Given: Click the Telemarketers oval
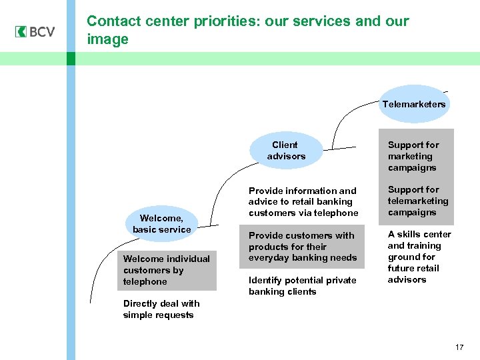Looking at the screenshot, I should pos(413,105).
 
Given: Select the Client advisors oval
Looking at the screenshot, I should pos(285,151).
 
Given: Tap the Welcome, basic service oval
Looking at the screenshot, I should pos(161,223).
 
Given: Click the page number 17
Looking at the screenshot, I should pos(459,347).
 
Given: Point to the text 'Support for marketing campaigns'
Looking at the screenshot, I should pos(413,156).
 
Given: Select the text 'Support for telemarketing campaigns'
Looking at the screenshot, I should pos(417,201).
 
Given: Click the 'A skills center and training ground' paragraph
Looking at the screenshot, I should pos(419,257).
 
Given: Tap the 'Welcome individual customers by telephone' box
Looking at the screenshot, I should pos(167,270).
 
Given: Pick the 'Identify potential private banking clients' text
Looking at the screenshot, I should pos(302,286).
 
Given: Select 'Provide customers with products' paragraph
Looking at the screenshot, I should pos(302,247).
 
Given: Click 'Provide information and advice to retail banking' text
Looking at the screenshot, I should pos(303,202).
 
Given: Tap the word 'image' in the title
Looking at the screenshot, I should pos(107,40).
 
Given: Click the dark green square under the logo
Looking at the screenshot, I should pos(71,59).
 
